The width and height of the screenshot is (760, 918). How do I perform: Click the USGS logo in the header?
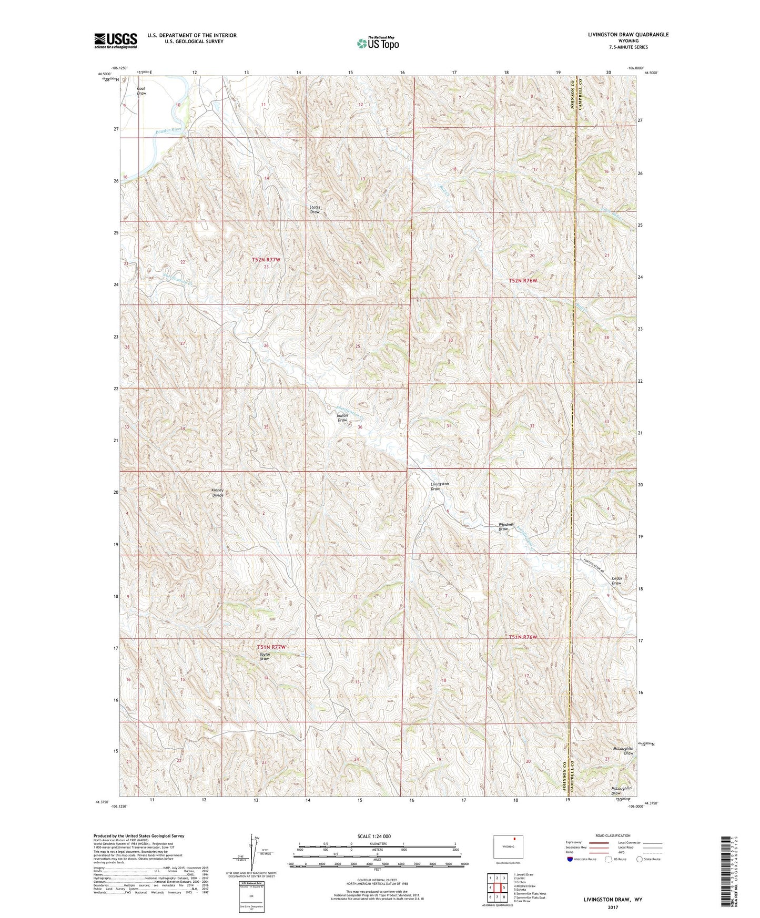[x=116, y=40]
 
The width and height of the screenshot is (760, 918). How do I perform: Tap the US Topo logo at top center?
[x=377, y=43]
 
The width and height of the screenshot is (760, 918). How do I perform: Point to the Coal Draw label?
[x=141, y=91]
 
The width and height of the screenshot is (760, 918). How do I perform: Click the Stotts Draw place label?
[x=315, y=209]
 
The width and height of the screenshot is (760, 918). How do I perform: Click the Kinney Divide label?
[x=218, y=493]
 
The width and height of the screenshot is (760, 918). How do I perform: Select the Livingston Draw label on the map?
[x=439, y=486]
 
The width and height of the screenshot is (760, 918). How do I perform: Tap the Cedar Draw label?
[x=616, y=581]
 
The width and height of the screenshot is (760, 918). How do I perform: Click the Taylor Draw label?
[x=265, y=657]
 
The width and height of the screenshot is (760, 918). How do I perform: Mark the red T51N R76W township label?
[x=523, y=637]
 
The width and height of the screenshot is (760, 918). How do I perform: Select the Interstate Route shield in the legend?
[x=571, y=859]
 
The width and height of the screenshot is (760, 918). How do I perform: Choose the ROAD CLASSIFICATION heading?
[x=613, y=835]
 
